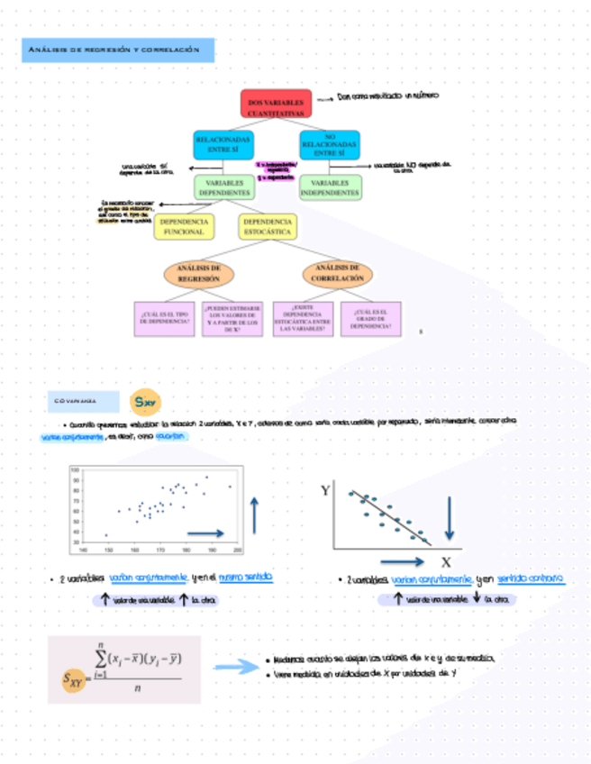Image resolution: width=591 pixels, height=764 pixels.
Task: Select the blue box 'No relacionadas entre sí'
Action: click(329, 144)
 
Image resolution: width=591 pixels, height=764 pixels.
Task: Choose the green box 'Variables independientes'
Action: click(330, 187)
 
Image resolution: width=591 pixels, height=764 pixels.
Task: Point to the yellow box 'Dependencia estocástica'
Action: click(268, 226)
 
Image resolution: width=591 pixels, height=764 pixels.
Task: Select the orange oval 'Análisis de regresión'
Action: click(199, 273)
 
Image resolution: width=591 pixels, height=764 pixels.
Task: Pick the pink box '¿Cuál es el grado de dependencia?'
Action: click(371, 318)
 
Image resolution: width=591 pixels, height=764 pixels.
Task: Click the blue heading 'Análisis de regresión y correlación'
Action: click(119, 50)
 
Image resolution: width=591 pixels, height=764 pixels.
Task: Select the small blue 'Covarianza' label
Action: click(84, 401)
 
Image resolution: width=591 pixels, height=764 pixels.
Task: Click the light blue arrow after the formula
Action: click(237, 668)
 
